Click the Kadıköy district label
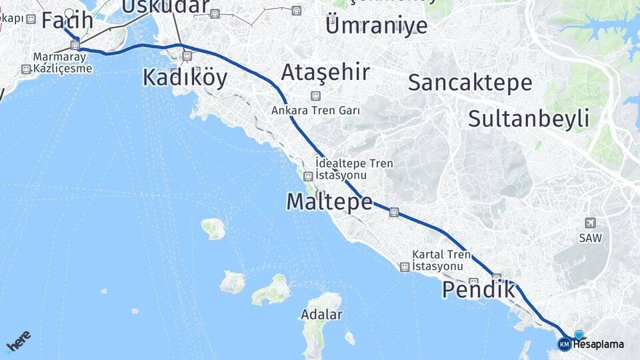tap(185, 78)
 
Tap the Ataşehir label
tap(325, 72)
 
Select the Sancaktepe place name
tap(469, 83)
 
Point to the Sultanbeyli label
tap(528, 119)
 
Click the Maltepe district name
tap(329, 201)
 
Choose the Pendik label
tap(479, 290)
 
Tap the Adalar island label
tap(321, 314)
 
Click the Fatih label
tap(67, 21)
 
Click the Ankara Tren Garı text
tap(315, 111)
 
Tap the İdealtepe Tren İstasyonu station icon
tap(308, 177)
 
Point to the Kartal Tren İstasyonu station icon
tap(404, 267)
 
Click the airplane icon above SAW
tap(589, 223)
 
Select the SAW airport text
tap(589, 237)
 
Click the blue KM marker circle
tap(564, 344)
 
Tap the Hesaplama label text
tap(599, 344)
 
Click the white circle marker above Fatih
tap(70, 12)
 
